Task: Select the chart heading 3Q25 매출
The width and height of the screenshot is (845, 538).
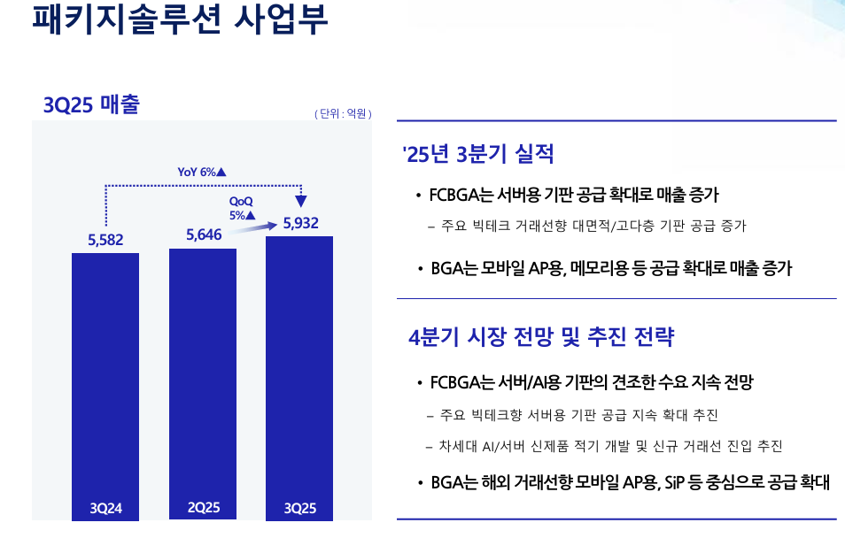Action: coord(91,104)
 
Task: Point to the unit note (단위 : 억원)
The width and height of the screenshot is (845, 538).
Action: coord(343,113)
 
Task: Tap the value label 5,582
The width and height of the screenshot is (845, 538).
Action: coord(105,239)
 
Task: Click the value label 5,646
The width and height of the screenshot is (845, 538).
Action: coord(203,234)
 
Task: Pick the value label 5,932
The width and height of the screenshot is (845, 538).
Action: coord(300,223)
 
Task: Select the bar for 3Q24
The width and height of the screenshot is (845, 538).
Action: coord(105,372)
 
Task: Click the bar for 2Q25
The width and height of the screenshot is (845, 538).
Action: coord(203,372)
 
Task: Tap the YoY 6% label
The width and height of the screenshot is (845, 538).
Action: coord(202,172)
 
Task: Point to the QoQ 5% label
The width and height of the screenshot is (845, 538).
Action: coord(242,208)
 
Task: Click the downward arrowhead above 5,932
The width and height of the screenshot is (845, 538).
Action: coord(301,201)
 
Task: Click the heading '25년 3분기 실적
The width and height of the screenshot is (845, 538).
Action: coord(478,155)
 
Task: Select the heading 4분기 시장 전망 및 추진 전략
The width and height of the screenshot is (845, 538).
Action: coord(541,337)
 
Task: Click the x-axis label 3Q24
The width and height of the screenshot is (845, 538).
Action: coord(106,509)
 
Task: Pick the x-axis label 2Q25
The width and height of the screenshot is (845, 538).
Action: coord(204,508)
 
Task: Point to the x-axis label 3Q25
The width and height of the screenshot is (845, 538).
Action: coord(300,509)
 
